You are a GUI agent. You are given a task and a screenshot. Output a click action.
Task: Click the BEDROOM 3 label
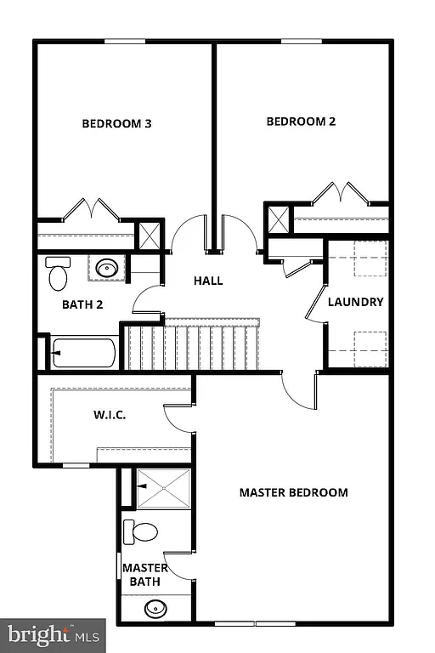116,123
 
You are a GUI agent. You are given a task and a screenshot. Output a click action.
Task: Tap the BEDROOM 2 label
301,122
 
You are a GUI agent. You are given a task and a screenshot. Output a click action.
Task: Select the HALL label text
208,281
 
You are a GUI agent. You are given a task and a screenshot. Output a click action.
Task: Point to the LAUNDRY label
356,302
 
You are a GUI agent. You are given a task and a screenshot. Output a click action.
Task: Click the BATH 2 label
82,304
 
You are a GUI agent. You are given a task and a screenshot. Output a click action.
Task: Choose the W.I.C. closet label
110,416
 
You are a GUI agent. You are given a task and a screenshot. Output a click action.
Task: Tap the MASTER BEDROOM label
293,492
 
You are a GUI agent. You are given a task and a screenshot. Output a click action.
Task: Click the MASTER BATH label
144,575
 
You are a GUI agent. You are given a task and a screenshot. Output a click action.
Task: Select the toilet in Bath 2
57,274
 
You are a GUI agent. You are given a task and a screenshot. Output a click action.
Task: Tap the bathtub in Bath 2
83,353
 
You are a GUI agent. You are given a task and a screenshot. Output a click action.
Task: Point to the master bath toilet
141,533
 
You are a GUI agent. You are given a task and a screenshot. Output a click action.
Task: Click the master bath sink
155,609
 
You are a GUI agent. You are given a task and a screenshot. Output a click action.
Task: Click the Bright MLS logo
53,634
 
